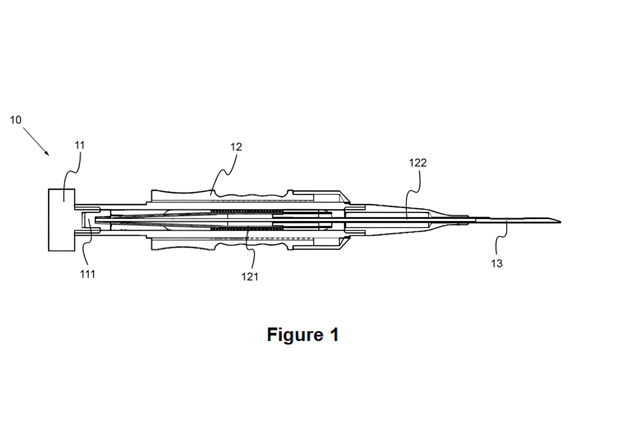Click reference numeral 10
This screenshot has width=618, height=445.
point(15,120)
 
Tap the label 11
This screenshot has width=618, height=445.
point(80,146)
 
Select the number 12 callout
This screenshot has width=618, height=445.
point(236,147)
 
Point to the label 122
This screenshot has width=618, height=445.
point(417,163)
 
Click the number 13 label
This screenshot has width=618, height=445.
point(497,263)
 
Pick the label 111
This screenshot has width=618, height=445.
point(87,274)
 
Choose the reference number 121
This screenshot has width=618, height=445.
point(250,277)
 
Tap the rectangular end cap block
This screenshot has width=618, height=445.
point(61,220)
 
